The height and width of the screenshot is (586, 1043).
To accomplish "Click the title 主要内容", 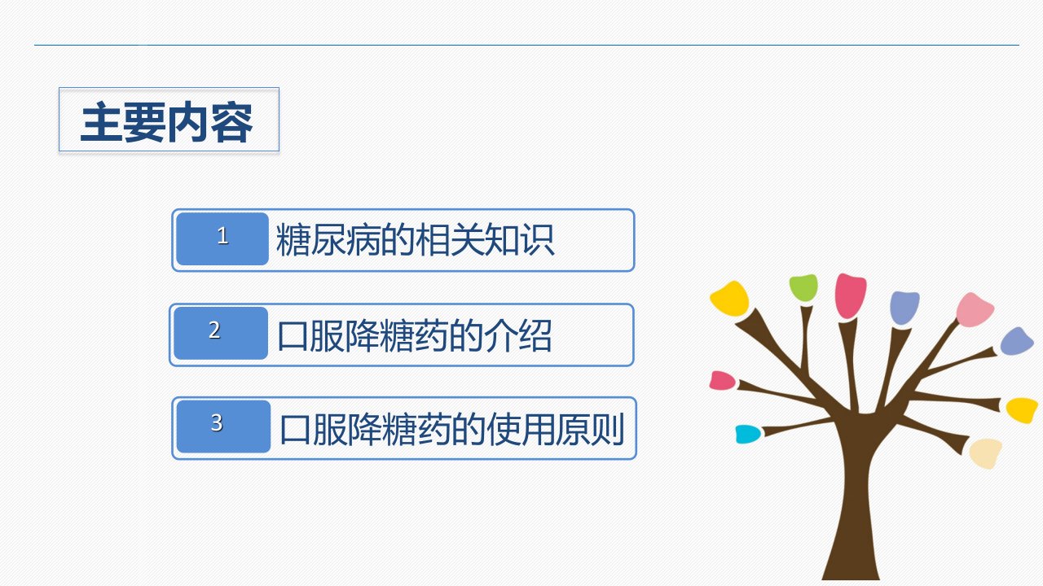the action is [x=167, y=122].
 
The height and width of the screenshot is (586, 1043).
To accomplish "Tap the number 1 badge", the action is [x=222, y=239].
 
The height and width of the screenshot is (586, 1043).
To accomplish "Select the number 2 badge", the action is [x=221, y=333].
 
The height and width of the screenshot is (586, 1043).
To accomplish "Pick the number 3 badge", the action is [x=223, y=426].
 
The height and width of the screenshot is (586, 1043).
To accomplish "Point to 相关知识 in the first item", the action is [x=485, y=239].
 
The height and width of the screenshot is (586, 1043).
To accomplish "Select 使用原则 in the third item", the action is [x=554, y=429].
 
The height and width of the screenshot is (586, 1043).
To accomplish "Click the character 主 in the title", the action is [x=102, y=122].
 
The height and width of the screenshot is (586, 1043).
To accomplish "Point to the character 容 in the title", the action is [x=232, y=122].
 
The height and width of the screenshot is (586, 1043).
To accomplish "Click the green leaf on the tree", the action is [x=803, y=288].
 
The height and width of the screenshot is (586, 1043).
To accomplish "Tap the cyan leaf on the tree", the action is [x=748, y=434].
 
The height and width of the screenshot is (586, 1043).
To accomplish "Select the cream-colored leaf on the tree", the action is [x=986, y=453].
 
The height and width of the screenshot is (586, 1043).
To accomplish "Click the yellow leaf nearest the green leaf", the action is [x=729, y=298].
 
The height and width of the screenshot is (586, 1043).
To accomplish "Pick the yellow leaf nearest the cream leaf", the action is [x=1022, y=410].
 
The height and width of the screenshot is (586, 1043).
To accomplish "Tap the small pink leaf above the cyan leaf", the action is [x=722, y=380].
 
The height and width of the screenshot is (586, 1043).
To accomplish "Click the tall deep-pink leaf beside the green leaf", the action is [x=851, y=295].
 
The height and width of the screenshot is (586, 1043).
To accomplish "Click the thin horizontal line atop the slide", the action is [x=526, y=45].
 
